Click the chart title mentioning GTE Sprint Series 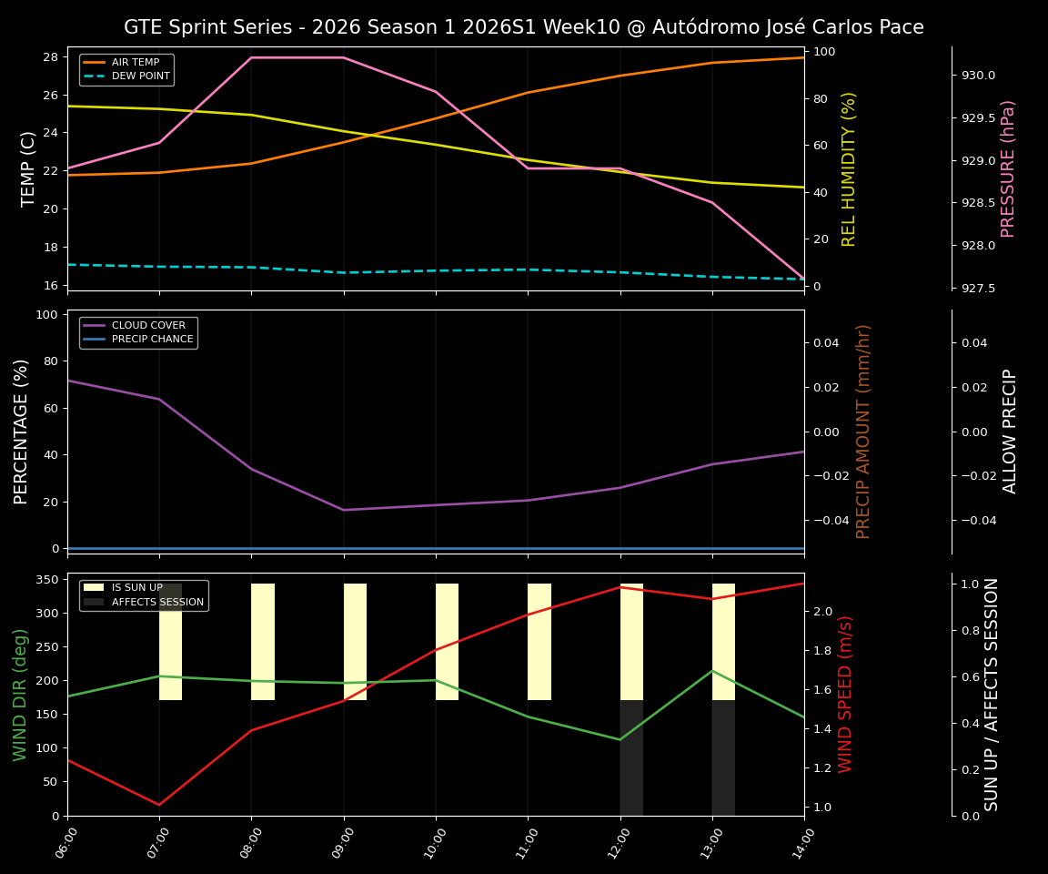coord(523,27)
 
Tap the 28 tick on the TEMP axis coord(50,57)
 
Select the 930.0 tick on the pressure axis coord(978,76)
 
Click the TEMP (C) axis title coord(29,168)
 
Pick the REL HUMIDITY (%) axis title coord(849,168)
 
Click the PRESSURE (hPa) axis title coord(1007,168)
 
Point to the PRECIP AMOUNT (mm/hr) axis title coord(863,432)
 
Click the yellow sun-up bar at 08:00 coord(263,642)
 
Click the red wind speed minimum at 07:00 coord(159,805)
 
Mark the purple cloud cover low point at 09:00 coord(344,510)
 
